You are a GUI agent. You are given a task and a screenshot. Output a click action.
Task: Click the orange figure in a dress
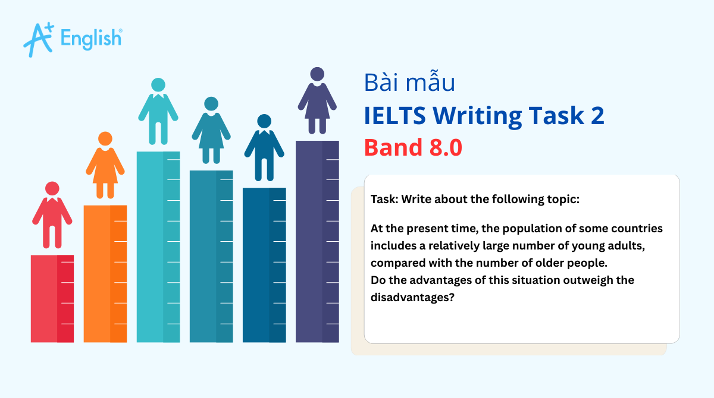click(105, 166)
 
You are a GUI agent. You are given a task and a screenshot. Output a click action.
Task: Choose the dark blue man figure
click(264, 148)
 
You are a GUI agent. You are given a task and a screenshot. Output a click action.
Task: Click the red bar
click(52, 298)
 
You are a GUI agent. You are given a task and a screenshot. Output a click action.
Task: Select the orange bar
click(105, 273)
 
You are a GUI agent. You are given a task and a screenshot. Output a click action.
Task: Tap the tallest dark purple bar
click(317, 241)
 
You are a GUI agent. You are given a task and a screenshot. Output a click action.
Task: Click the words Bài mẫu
click(409, 83)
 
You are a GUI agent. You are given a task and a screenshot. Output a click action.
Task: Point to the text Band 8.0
click(413, 147)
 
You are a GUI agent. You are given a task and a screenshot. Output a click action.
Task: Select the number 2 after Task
click(597, 115)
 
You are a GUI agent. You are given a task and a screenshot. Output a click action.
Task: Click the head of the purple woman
click(317, 74)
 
